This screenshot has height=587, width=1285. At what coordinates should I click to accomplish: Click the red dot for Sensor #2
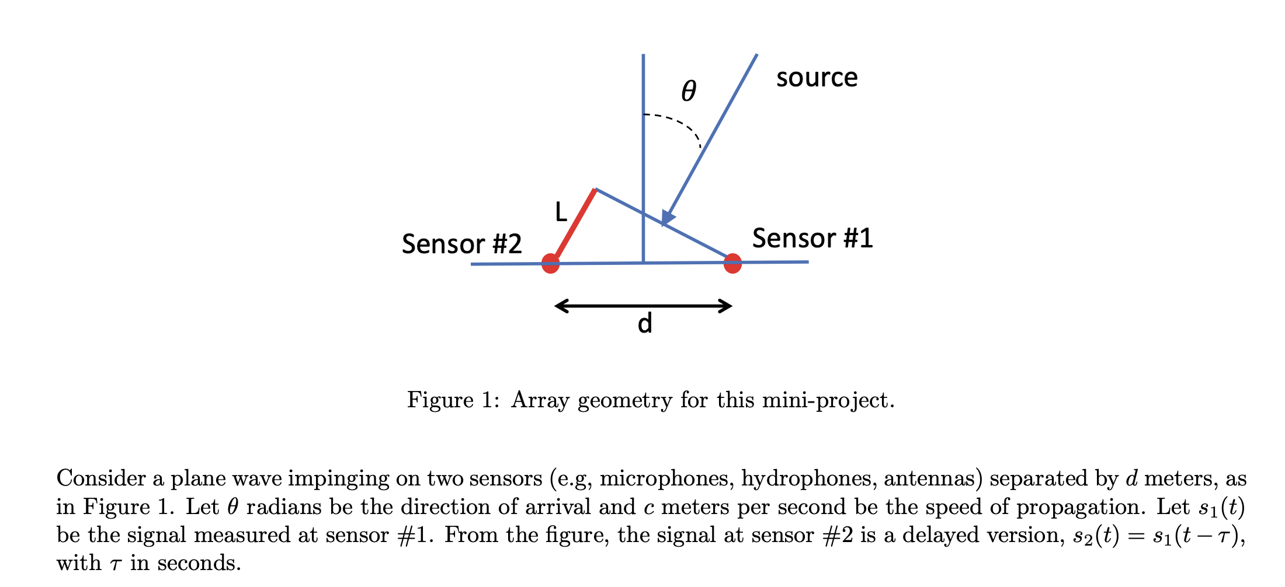[x=550, y=263]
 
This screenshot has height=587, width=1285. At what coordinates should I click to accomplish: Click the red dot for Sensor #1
[x=732, y=263]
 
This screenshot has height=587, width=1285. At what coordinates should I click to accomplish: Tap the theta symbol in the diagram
[x=689, y=91]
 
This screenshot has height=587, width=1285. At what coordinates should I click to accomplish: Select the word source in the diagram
[x=817, y=78]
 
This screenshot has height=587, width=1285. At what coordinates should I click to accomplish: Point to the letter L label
[x=561, y=212]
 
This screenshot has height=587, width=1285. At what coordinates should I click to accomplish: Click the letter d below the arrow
[x=644, y=324]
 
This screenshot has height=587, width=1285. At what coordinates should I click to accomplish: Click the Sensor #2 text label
[x=461, y=244]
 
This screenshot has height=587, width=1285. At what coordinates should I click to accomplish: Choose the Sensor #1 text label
[x=812, y=238]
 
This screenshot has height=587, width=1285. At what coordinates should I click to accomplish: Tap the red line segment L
[x=575, y=225]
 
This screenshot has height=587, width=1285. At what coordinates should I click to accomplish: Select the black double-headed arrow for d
[x=643, y=306]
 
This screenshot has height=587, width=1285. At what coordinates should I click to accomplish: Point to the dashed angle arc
[x=680, y=124]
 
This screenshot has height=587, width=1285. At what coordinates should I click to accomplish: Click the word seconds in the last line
[x=199, y=564]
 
